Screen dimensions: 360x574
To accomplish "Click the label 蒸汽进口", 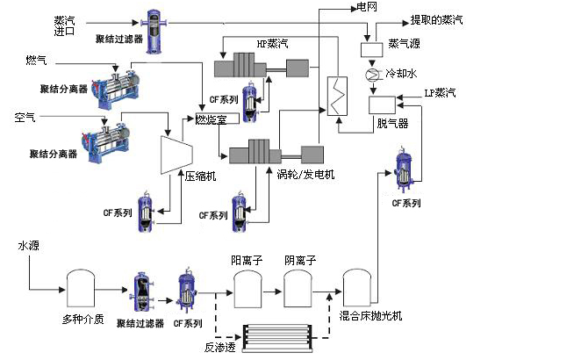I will tap(65, 25).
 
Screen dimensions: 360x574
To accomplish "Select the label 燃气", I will tap(36, 60).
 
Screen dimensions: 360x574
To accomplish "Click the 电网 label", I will tap(355, 7).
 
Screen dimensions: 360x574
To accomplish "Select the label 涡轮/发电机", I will tap(305, 173).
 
